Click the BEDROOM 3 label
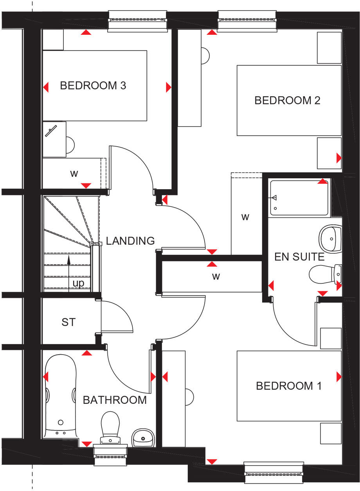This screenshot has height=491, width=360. tap(93, 85)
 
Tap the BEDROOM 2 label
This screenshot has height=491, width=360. tap(287, 100)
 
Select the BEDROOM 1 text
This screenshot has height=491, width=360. tap(289, 386)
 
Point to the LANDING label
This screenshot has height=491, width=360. tap(130, 241)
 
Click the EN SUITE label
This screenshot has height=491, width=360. tap(299, 257)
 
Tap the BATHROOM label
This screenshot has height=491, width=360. tap(115, 400)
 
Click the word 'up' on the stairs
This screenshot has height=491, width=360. tap(78, 283)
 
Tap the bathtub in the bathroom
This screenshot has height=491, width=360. tap(60, 395)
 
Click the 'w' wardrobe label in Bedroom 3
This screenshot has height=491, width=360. tap(74, 174)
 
